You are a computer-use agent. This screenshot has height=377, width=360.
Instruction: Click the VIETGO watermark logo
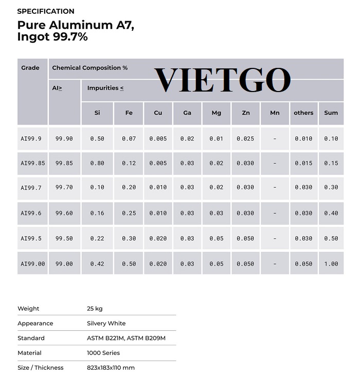click(x=222, y=80)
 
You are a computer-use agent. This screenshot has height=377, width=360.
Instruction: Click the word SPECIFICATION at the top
click(x=46, y=11)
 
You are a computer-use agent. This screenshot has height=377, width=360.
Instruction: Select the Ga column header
click(x=187, y=113)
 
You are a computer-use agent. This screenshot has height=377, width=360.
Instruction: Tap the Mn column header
click(x=275, y=113)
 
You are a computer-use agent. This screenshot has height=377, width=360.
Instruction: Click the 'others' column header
click(x=303, y=113)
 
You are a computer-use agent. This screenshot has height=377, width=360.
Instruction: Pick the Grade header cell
click(x=30, y=68)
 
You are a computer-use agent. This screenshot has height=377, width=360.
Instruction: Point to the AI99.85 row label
click(x=33, y=164)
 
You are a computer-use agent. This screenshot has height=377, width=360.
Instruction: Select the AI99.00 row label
click(x=33, y=264)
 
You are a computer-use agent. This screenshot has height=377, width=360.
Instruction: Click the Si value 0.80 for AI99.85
click(x=97, y=164)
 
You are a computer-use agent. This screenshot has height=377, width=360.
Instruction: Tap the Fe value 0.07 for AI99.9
click(x=129, y=139)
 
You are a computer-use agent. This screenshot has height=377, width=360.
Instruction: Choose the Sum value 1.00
click(x=331, y=264)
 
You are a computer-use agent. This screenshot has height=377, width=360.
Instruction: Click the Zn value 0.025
click(x=245, y=139)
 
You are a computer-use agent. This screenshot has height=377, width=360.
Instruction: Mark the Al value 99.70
click(x=64, y=188)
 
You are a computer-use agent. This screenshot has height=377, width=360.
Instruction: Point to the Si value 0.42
click(x=97, y=264)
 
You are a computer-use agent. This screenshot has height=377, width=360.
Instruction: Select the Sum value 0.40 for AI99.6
click(x=331, y=213)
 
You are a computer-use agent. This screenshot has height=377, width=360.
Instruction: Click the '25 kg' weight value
click(x=95, y=309)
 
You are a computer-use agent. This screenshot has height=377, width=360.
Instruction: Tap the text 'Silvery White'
click(x=106, y=324)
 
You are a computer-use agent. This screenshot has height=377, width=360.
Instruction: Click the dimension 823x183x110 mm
click(x=111, y=368)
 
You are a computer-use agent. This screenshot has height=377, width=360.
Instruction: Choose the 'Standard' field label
click(x=31, y=338)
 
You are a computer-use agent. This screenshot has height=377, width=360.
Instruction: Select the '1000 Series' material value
click(x=103, y=353)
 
